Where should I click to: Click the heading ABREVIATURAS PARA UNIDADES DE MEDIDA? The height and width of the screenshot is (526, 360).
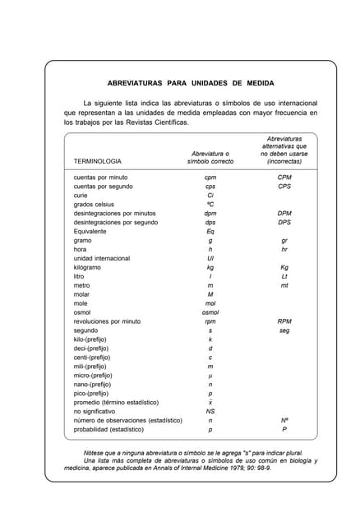[191, 84]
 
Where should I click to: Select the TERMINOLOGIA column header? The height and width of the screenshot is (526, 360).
[98, 162]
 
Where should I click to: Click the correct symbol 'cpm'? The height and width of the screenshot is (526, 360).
[210, 177]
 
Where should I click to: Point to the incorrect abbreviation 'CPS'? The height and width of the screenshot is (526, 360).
[284, 186]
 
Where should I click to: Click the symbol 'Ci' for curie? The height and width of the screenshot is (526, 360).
[210, 195]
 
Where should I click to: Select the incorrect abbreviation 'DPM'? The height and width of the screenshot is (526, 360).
[284, 213]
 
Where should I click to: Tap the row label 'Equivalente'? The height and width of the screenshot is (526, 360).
[90, 231]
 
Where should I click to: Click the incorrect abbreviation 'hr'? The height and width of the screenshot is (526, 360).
[284, 249]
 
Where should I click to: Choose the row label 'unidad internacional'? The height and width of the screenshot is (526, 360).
[102, 258]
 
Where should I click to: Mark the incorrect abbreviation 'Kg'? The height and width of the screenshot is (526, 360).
[284, 267]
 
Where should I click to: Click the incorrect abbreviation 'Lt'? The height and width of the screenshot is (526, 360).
[284, 276]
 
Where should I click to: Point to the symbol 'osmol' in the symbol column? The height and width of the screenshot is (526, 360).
[210, 312]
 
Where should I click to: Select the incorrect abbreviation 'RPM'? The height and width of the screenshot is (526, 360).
[284, 321]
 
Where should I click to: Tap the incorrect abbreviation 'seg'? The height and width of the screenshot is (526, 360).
[284, 330]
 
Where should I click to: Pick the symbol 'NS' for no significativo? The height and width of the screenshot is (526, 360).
[210, 411]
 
